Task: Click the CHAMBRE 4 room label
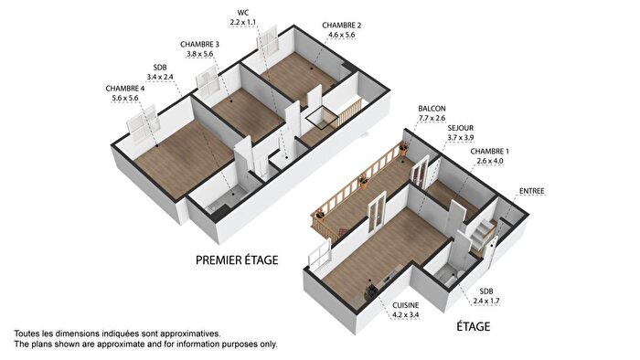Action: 129,88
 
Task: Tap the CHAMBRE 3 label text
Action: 199,44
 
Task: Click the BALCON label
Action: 431,108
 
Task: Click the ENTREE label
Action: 531,191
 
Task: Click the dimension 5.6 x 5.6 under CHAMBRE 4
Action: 129,98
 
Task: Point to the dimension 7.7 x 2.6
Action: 431,118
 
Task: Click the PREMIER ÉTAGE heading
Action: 237,260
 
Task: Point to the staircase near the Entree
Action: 483,234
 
